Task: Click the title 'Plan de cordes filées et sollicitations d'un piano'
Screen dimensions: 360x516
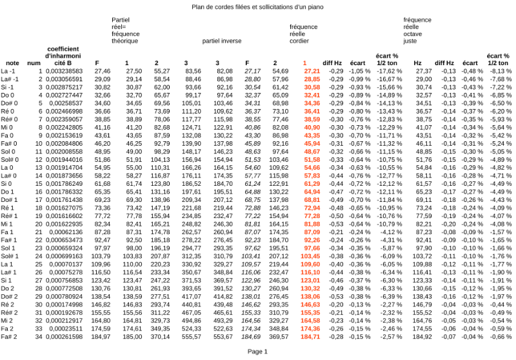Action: point(258,7)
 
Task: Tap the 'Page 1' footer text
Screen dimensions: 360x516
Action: point(258,351)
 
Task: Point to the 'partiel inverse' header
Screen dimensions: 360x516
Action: point(223,40)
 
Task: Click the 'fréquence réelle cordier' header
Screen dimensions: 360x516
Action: point(303,34)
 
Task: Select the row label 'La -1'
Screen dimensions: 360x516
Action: point(9,70)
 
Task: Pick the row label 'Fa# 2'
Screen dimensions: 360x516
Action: point(9,336)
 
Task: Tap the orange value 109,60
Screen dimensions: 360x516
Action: point(310,265)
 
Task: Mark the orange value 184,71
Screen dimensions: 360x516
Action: point(310,336)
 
